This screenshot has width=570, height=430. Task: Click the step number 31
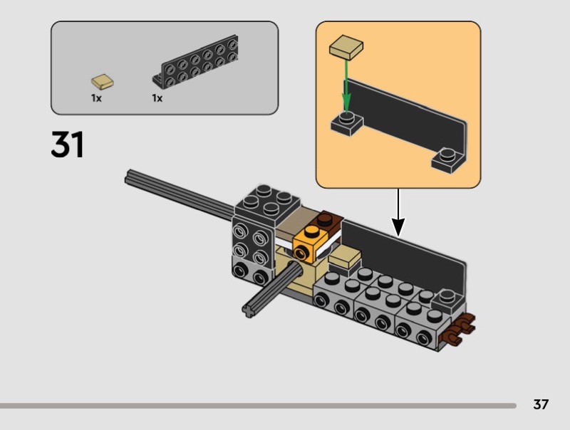pyautogui.click(x=68, y=145)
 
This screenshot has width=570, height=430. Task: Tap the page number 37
pyautogui.click(x=541, y=404)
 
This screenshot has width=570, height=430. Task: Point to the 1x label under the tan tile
pyautogui.click(x=96, y=98)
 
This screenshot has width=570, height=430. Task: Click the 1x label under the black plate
pyautogui.click(x=157, y=98)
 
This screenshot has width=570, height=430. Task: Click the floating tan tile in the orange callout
pyautogui.click(x=346, y=48)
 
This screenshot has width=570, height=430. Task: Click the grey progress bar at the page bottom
pyautogui.click(x=256, y=406)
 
